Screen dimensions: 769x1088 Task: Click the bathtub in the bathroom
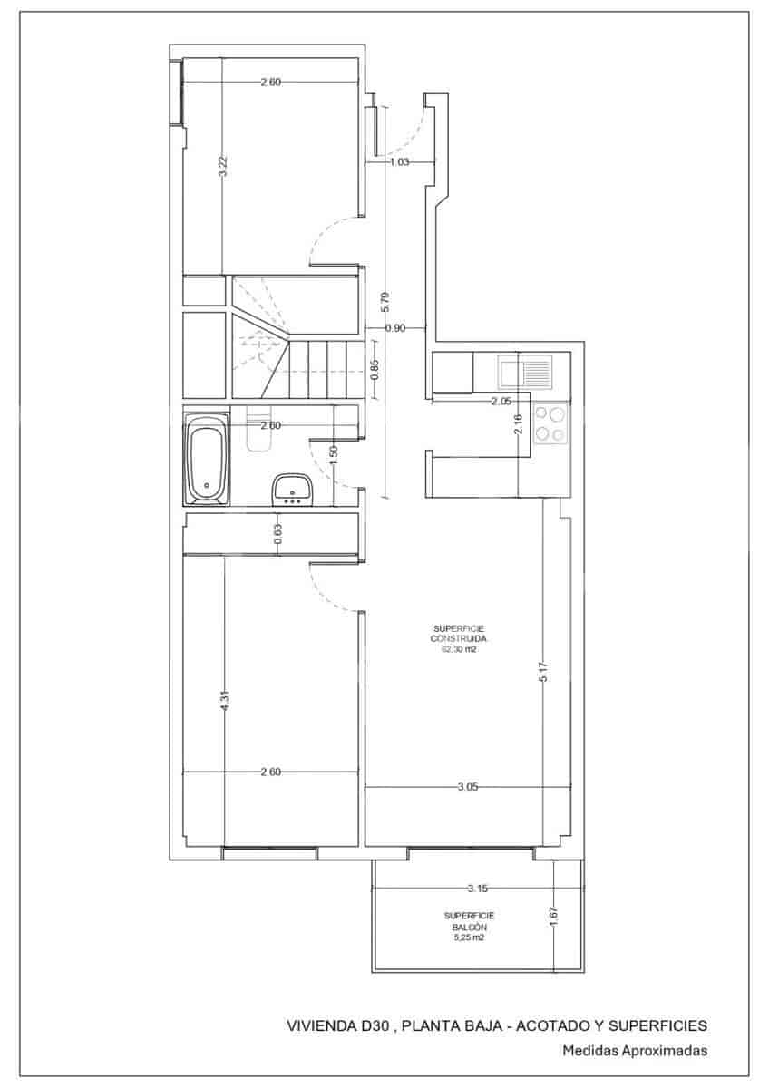(x=207, y=459)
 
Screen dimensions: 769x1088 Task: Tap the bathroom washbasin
(x=292, y=489)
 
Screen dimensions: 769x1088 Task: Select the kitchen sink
(x=525, y=372)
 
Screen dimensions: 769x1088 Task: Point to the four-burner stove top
(x=550, y=423)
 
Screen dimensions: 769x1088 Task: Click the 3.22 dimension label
(x=222, y=166)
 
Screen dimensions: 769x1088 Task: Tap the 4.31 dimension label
(x=224, y=702)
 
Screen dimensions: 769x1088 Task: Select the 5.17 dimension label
(x=543, y=671)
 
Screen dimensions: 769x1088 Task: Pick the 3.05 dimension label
(x=468, y=787)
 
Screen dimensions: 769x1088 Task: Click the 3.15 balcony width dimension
(x=477, y=889)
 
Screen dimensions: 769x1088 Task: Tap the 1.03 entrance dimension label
(x=399, y=162)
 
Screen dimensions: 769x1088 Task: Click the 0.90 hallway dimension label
(x=395, y=328)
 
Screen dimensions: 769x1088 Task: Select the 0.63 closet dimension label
(x=277, y=534)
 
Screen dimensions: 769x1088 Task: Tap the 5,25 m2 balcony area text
(x=469, y=937)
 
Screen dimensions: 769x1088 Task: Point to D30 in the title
(x=375, y=1025)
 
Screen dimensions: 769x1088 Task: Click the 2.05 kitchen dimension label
(x=501, y=401)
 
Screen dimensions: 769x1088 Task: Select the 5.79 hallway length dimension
(x=386, y=302)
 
